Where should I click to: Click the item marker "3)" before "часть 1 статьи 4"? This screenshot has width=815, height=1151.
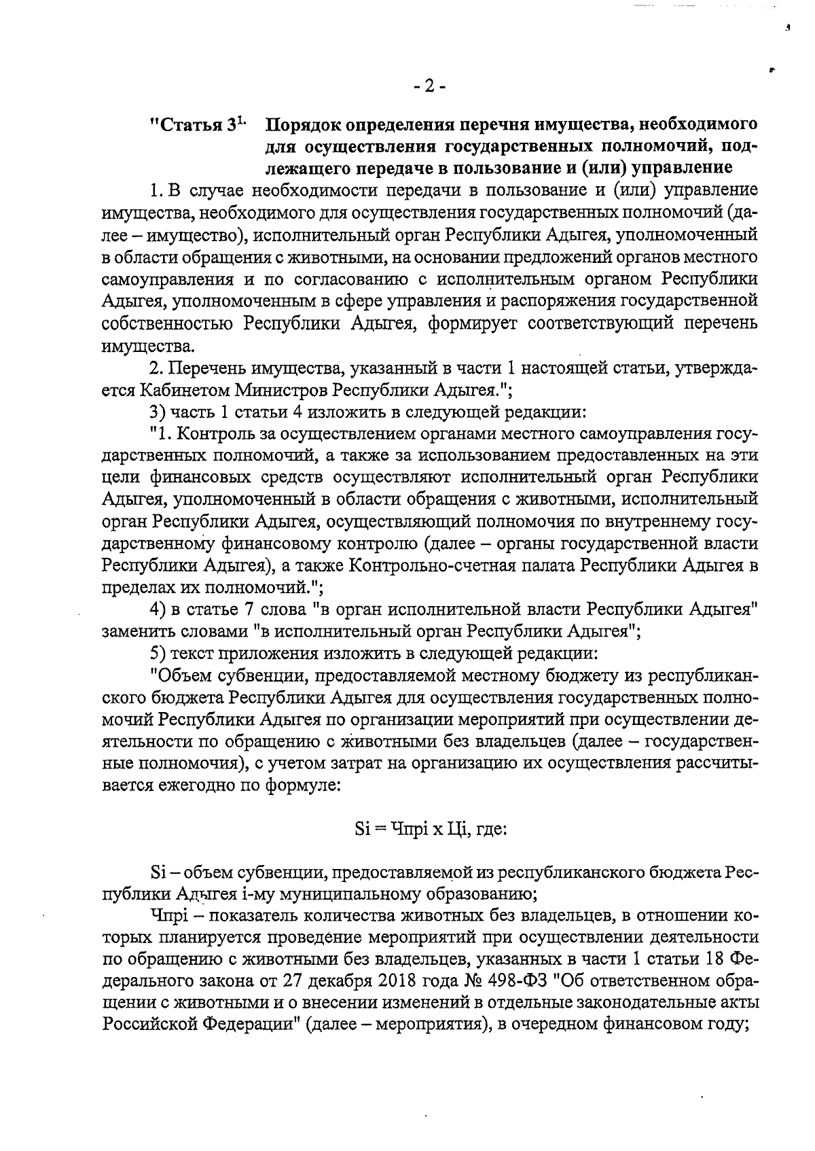tap(158, 412)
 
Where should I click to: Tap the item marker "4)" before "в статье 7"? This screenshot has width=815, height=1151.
tap(158, 609)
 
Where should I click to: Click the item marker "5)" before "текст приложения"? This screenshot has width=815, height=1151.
tap(158, 654)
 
